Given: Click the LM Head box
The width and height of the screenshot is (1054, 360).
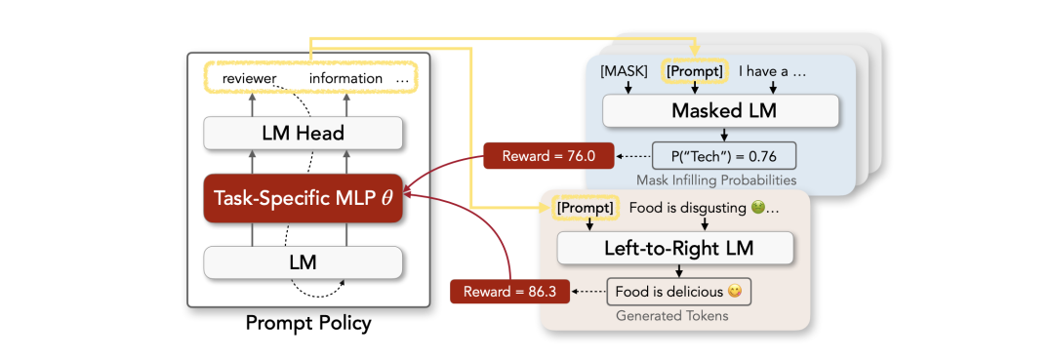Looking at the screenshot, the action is coord(304,133).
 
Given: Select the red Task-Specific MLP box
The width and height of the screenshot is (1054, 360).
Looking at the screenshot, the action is coord(304,197).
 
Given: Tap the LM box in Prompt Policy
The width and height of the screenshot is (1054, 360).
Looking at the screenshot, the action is coord(304,262).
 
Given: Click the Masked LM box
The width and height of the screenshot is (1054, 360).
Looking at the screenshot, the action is coord(720,111).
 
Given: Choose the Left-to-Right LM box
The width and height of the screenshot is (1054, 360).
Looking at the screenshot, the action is coord(676,249).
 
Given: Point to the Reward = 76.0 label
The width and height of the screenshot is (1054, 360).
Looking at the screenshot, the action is coord(548,156).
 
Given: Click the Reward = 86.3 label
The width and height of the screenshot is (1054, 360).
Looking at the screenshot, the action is coord(509,292).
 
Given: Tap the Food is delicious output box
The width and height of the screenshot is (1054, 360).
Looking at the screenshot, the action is coord(678,292).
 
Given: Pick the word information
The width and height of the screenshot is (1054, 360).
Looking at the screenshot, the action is coord(345,79).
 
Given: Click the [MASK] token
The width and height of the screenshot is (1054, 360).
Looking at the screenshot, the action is coord(625,70).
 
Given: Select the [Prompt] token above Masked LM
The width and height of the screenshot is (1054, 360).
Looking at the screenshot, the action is coord(695,70).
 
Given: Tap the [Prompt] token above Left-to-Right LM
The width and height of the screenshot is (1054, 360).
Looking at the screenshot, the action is coord(585,208).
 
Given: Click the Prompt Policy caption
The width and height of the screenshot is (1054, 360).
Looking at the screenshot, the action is coord(307,324).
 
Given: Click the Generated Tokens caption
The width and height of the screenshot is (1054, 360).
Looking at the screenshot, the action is coord(672,315).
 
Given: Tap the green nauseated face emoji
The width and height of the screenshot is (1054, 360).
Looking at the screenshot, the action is coord(756,208).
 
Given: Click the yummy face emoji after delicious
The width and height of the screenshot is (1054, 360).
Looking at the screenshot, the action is coord(736,292).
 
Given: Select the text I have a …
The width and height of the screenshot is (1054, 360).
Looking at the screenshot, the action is coord(772,70).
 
